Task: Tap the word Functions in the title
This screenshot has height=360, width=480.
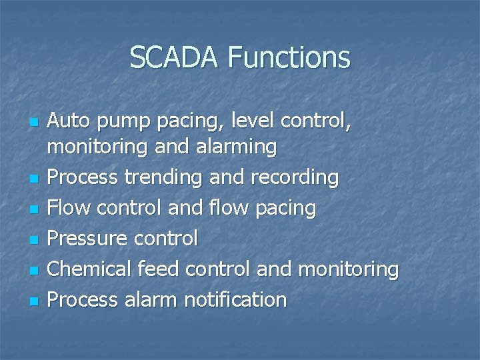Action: pos(288,57)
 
